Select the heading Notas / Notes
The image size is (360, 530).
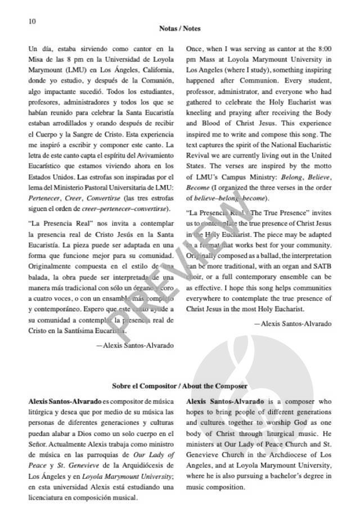[x=180, y=28]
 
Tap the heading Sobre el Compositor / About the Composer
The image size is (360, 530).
[x=180, y=386]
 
